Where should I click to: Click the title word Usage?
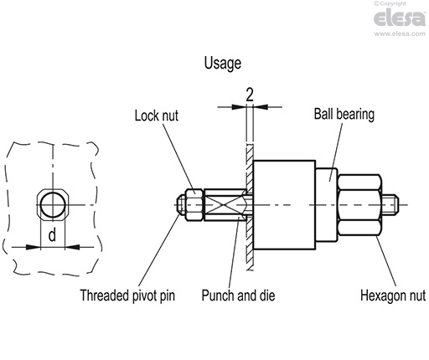(222, 63)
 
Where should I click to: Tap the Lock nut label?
(157, 116)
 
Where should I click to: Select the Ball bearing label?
(344, 114)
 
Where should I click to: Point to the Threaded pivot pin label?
(127, 296)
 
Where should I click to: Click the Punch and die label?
(238, 296)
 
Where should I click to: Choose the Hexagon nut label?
(393, 296)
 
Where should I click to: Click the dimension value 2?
(250, 94)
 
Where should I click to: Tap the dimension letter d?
(51, 236)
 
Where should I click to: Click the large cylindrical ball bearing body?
(285, 205)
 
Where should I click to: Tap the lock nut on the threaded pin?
(194, 205)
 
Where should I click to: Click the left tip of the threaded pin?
(179, 205)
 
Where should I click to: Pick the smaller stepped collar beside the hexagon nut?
(328, 205)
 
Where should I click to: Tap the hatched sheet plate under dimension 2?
(250, 243)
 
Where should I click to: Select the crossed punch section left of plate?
(229, 205)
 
